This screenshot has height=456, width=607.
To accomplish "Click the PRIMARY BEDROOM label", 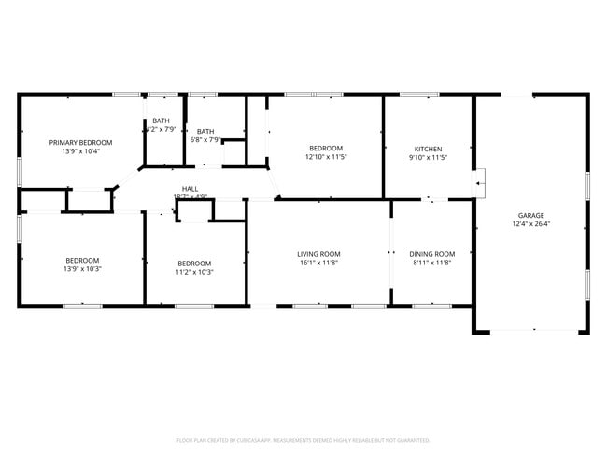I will pos(81,142).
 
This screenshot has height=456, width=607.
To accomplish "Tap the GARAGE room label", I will pos(531,215).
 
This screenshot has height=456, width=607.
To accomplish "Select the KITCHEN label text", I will pos(429,149).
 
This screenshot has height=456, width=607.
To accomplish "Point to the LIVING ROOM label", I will pos(318,254).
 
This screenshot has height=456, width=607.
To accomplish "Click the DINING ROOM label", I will pos(431,254).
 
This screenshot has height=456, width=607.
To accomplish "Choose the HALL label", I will pos(190,189).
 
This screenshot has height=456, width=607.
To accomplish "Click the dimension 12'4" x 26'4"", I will pos(531,224).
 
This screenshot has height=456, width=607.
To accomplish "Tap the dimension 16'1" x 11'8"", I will pos(318,264).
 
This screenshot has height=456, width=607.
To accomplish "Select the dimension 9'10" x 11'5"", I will pos(429,158).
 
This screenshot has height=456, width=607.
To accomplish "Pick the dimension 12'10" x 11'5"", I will pos(326,158).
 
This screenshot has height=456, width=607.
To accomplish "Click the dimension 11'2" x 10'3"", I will pos(194,272).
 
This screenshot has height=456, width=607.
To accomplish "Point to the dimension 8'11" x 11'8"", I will pos(431,264).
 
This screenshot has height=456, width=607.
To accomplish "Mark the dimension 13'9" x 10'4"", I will pos(81,150).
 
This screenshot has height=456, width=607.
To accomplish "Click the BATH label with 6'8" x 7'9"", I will pos(205,131).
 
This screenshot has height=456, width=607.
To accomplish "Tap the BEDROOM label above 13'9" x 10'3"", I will pos(82,261).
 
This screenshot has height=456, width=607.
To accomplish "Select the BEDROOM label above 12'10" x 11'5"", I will pos(326,149).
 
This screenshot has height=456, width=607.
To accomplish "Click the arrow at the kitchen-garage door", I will pos(479,183).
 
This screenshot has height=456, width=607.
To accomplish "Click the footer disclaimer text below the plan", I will pos(303,439).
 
